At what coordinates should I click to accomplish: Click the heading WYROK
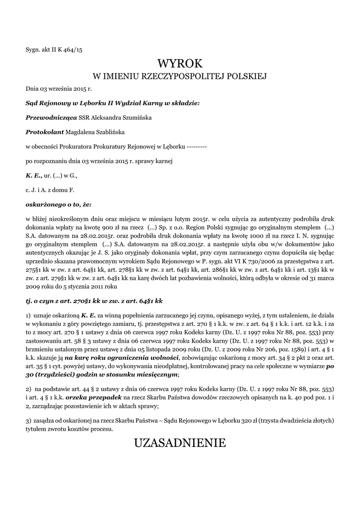coord(180,63)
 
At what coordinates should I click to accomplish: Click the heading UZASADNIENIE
coord(180,443)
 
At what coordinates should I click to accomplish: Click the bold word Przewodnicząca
coord(51,118)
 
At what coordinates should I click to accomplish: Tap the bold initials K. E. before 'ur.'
coord(33,175)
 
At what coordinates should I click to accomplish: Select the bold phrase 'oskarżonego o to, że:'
coord(58,204)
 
